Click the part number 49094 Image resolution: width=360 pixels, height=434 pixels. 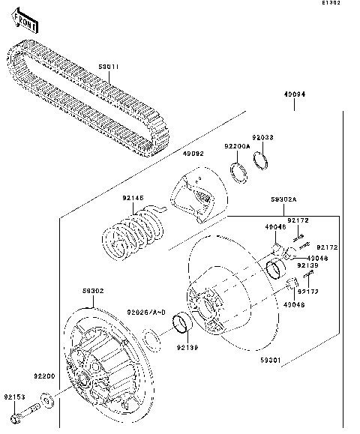click(x=293, y=95)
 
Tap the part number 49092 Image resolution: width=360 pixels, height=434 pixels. click(x=193, y=154)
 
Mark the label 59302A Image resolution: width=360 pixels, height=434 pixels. click(x=285, y=201)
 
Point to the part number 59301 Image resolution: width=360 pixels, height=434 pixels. click(x=270, y=361)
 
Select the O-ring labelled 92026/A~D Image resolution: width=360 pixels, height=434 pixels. click(x=150, y=341)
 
